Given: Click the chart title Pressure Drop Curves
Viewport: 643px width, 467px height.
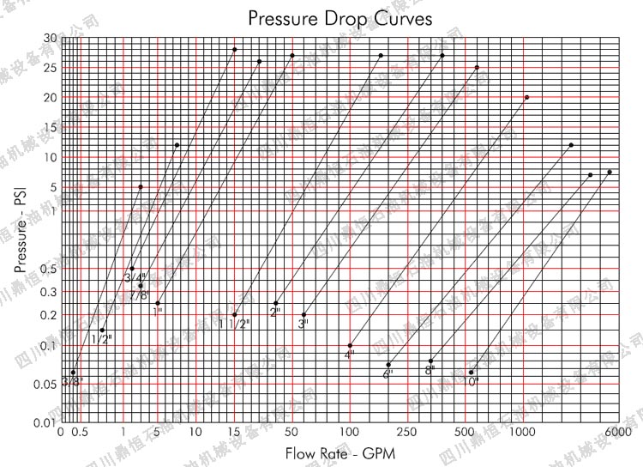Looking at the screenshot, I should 340,18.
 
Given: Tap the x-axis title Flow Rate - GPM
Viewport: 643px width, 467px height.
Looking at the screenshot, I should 340,452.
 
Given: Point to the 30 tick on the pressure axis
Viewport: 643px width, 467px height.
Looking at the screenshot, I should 50,39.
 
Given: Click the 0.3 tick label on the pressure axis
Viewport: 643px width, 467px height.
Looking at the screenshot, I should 48,292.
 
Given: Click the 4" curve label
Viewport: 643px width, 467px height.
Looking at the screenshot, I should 350,355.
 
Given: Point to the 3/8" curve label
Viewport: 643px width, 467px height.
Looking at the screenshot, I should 72,381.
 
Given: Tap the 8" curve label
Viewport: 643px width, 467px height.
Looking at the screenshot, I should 430,370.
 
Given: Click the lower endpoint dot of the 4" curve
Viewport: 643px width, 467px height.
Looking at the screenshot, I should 351,345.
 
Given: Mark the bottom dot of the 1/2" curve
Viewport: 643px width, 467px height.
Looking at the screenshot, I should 103,330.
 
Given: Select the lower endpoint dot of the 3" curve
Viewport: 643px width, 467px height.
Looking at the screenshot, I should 304,315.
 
